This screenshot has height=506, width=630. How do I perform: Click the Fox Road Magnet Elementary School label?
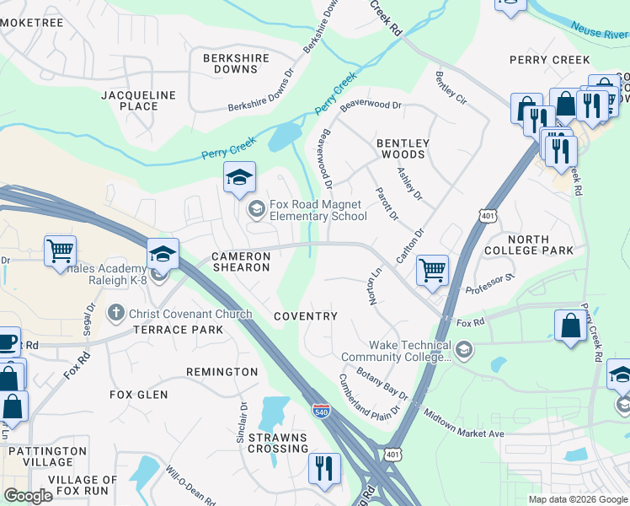pos(318,210)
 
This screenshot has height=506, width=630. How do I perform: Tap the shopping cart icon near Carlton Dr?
pos(432,271)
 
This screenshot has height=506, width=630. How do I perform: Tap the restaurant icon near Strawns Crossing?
pos(324,467)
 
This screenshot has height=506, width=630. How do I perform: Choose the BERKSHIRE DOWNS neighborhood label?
pos(236,64)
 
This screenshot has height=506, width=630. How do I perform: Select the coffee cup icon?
pos(7,342)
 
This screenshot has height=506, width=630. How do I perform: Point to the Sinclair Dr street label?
pos(242,422)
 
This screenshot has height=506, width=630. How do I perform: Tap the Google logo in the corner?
pos(28,496)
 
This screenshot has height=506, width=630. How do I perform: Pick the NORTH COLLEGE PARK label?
pos(528,245)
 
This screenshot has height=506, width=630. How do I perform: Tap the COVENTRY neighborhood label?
pos(306,316)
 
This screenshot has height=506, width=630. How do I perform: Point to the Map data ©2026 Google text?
pos(578,499)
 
